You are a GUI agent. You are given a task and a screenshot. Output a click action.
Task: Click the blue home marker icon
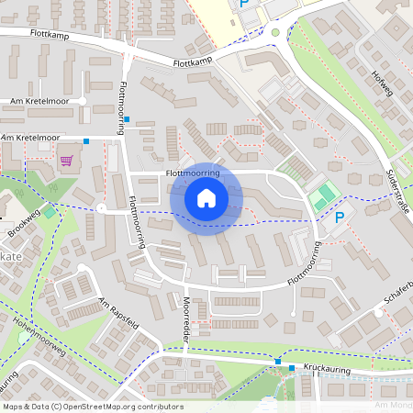(x=206, y=198)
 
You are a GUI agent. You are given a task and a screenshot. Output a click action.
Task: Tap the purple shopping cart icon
(x=66, y=160)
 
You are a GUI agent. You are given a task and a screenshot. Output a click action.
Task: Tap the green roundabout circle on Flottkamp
(x=274, y=32)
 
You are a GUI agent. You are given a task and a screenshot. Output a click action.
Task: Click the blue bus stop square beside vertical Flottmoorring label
(x=128, y=119)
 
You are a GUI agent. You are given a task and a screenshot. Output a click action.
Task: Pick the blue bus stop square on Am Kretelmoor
(x=85, y=140)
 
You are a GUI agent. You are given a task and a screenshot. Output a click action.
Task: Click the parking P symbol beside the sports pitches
(x=340, y=218)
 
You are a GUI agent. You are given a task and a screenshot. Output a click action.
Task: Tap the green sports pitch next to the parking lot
(x=322, y=197)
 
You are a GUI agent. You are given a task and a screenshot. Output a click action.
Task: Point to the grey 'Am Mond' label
(x=393, y=405)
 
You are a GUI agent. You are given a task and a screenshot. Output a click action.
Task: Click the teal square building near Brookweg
(x=49, y=212)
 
